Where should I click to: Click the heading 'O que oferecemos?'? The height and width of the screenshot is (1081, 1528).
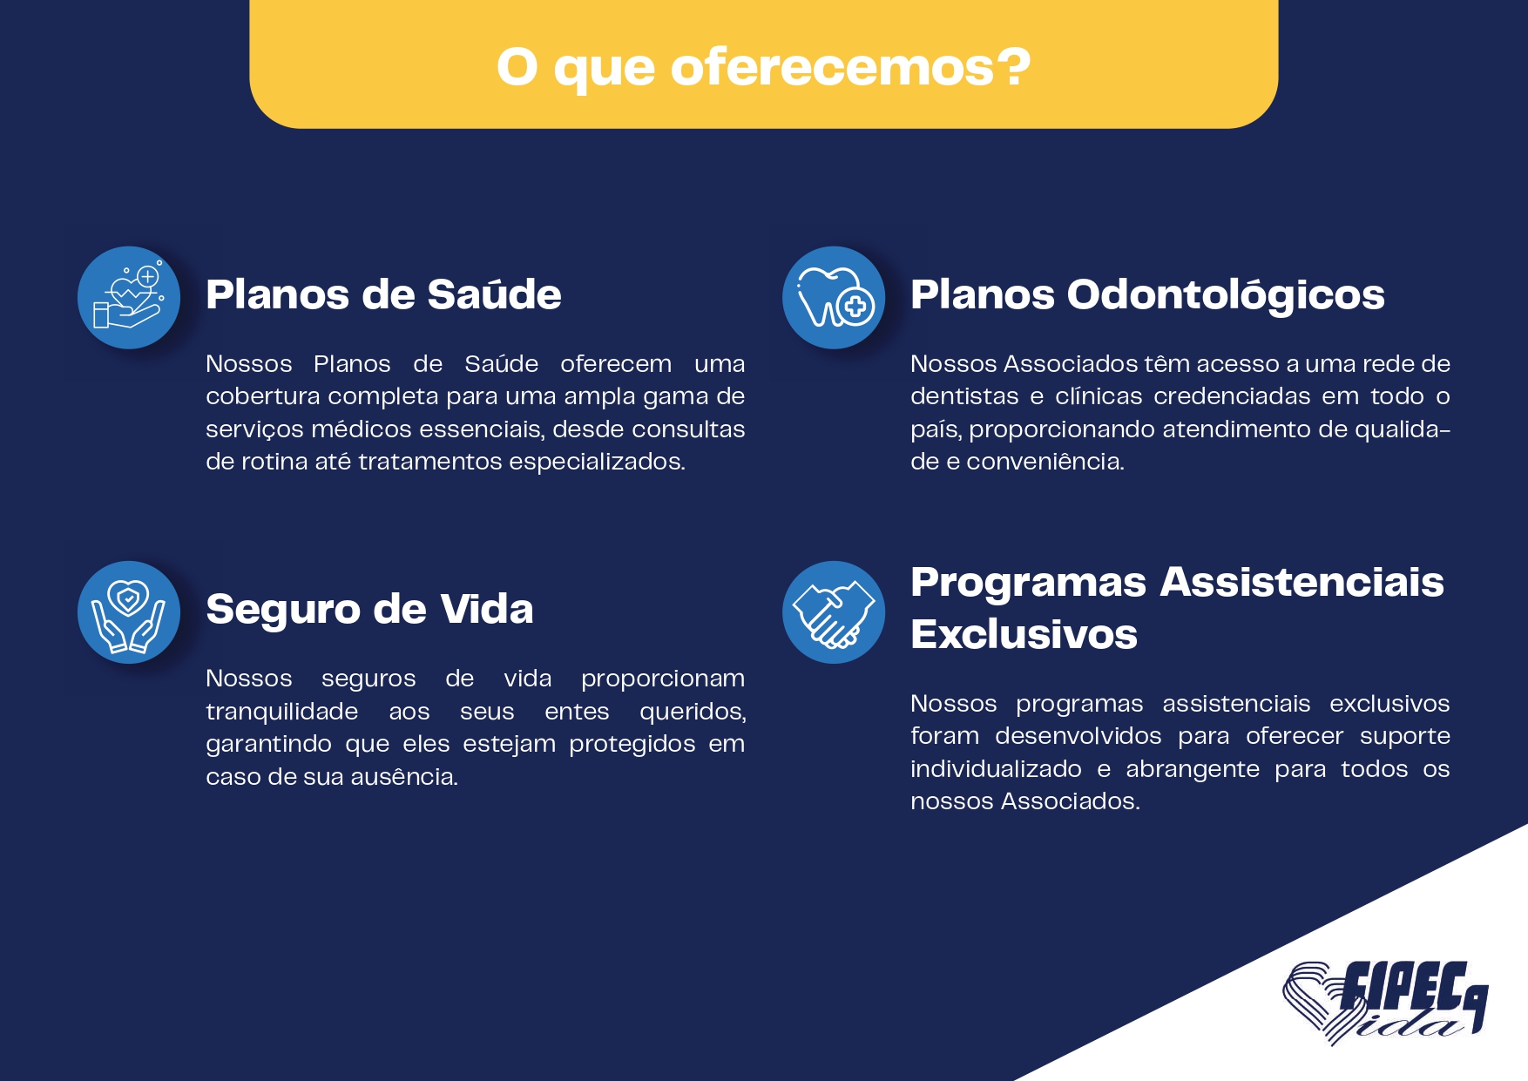(x=763, y=67)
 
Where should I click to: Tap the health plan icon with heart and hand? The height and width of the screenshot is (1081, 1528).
(x=129, y=298)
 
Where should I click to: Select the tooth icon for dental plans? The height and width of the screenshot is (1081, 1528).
(x=834, y=298)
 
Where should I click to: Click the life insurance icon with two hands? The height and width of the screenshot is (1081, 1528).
(x=129, y=612)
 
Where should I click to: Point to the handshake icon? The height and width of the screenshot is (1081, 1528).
(x=834, y=612)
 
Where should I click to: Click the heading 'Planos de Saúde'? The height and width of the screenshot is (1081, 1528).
(x=383, y=294)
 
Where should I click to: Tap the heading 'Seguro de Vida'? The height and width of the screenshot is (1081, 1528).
(x=369, y=609)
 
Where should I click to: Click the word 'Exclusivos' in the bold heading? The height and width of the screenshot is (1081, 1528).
(x=1024, y=634)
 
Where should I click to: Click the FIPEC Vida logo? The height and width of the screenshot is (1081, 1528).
(x=1385, y=1002)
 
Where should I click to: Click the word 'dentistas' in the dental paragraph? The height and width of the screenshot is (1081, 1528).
(x=964, y=396)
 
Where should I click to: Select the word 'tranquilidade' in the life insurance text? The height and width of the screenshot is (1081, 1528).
(x=281, y=712)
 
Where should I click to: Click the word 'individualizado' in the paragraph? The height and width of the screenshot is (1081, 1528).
(x=996, y=769)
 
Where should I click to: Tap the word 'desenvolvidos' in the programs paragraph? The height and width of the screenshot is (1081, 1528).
(x=1078, y=736)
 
